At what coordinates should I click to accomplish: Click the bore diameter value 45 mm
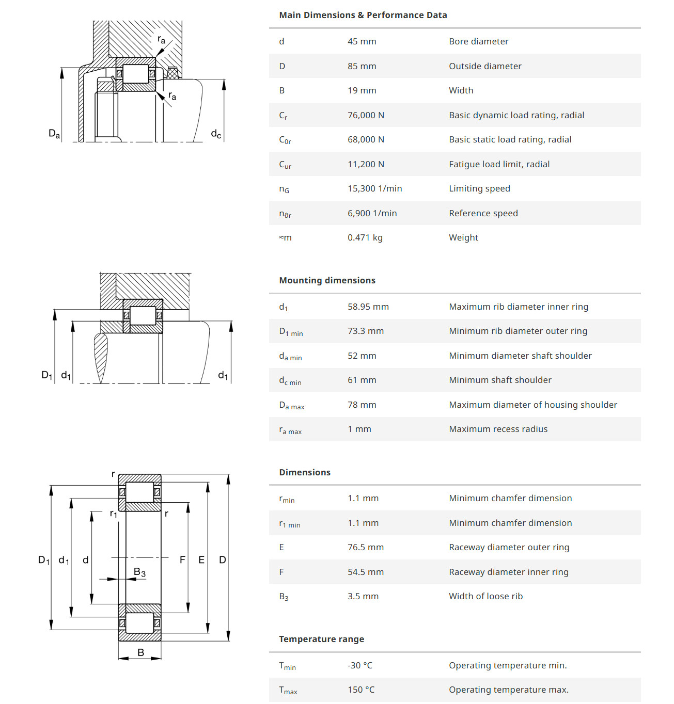tap(362, 41)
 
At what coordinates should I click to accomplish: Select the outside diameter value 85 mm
tap(362, 66)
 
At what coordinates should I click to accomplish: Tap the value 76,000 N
tap(366, 115)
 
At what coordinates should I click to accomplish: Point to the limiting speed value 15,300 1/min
tap(374, 188)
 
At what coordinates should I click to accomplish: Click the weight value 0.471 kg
tap(365, 238)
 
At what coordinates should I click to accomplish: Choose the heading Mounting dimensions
tap(327, 280)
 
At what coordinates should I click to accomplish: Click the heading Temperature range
tap(321, 639)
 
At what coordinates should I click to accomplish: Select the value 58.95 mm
tap(368, 307)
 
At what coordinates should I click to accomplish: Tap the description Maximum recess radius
tap(498, 429)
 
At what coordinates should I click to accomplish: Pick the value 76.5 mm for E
tap(366, 547)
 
